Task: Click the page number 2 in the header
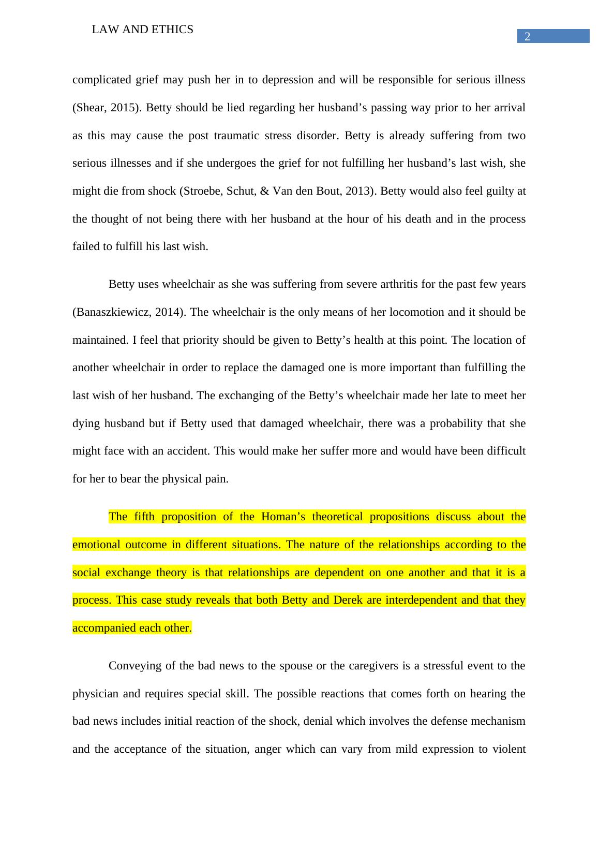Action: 527,37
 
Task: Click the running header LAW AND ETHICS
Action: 142,30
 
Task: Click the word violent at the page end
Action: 509,749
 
